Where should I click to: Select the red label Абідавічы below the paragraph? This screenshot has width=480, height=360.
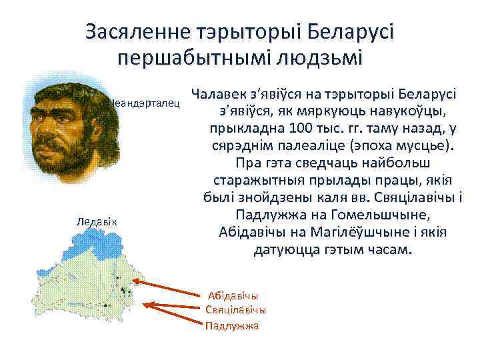pyautogui.click(x=233, y=295)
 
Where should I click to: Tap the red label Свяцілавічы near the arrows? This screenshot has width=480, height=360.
pyautogui.click(x=236, y=310)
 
